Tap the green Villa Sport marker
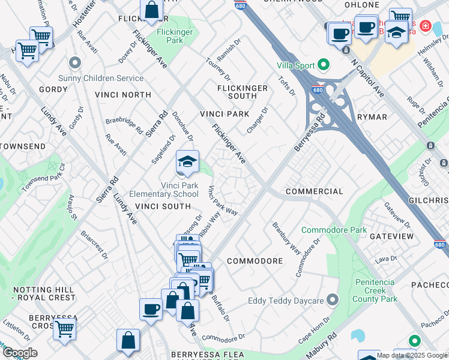(324, 64)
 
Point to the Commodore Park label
(334, 230)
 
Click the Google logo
(20, 353)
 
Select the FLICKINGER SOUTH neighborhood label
(242, 92)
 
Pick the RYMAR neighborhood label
(372, 117)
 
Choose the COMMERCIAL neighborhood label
(315, 191)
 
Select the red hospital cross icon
(425, 26)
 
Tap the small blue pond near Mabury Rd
(358, 335)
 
